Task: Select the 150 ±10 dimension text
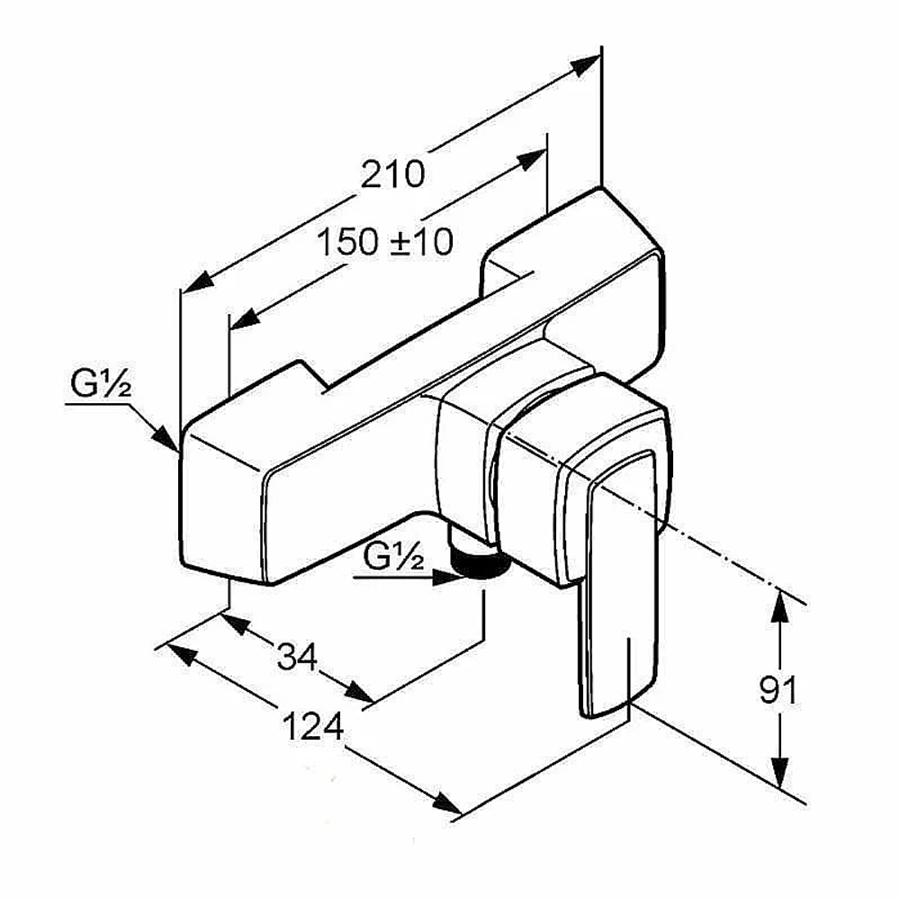pyautogui.click(x=385, y=241)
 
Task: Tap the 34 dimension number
pyautogui.click(x=297, y=657)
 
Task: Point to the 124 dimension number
pyautogui.click(x=313, y=726)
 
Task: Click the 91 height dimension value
pyautogui.click(x=778, y=690)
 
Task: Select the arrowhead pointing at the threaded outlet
pyautogui.click(x=448, y=577)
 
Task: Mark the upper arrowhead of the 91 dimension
pyautogui.click(x=778, y=607)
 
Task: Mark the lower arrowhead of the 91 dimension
pyautogui.click(x=778, y=772)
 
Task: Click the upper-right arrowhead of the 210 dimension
pyautogui.click(x=586, y=65)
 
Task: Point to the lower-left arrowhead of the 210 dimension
pyautogui.click(x=197, y=283)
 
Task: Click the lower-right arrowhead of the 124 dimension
pyautogui.click(x=447, y=803)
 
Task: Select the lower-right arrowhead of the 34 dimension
pyautogui.click(x=359, y=691)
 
